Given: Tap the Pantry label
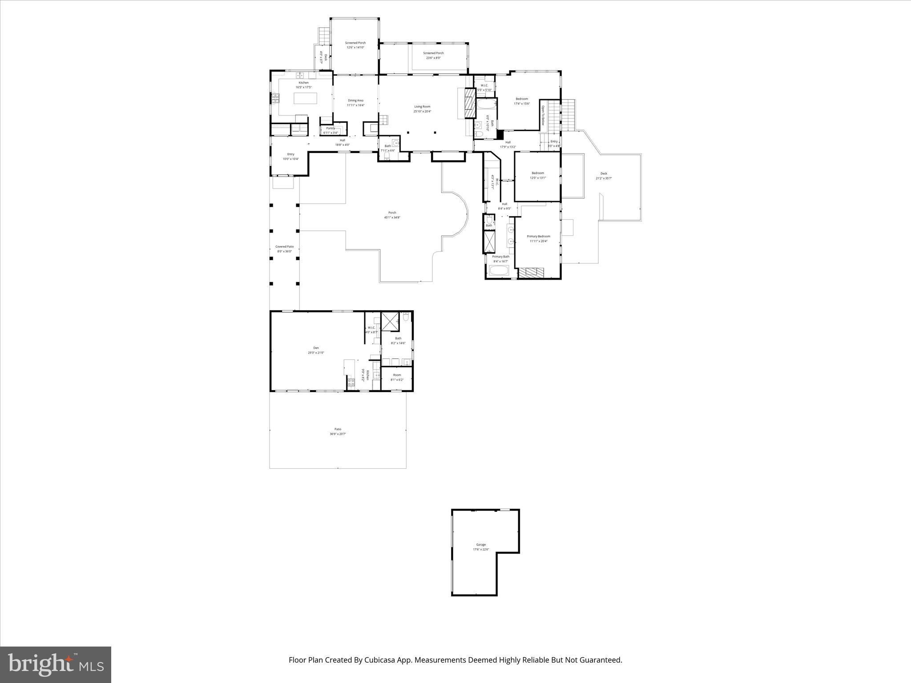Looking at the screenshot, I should [x=331, y=129].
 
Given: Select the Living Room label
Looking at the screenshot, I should [x=422, y=107].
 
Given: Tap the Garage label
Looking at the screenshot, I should [x=481, y=545].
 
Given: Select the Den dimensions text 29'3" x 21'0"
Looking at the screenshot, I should [x=316, y=353].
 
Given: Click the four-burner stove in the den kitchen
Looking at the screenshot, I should [x=351, y=382].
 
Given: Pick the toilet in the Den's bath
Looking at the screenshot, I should [x=405, y=317].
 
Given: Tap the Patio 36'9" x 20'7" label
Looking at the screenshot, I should [x=338, y=431].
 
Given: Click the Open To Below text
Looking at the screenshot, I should [x=543, y=116].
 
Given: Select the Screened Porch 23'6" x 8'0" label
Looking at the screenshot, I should [x=433, y=55].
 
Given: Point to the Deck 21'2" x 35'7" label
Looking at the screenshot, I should [x=604, y=176].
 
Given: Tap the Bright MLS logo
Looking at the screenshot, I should [x=56, y=664].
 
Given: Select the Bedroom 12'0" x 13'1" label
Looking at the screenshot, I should [x=537, y=175].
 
